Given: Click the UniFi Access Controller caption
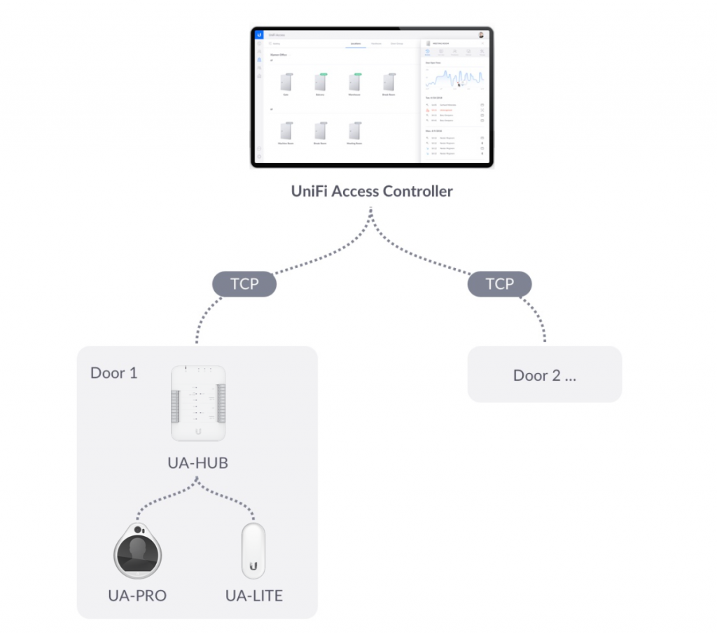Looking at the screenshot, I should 372,191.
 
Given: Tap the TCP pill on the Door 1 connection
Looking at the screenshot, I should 244,284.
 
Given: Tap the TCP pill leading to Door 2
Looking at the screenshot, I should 499,284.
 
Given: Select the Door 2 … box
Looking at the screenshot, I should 544,375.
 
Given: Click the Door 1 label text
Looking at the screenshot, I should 114,372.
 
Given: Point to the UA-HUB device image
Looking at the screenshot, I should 199,404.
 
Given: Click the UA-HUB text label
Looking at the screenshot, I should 199,463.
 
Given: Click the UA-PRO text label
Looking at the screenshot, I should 138,596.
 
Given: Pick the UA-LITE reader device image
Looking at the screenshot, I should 253,551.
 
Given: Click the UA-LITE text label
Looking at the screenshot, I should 253,596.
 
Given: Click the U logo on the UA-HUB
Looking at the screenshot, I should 199,430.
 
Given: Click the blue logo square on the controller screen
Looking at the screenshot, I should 259,34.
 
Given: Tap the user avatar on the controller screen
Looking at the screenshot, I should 482,34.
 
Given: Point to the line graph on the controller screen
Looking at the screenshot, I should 454,78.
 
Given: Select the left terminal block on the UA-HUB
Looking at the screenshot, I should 176,406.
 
